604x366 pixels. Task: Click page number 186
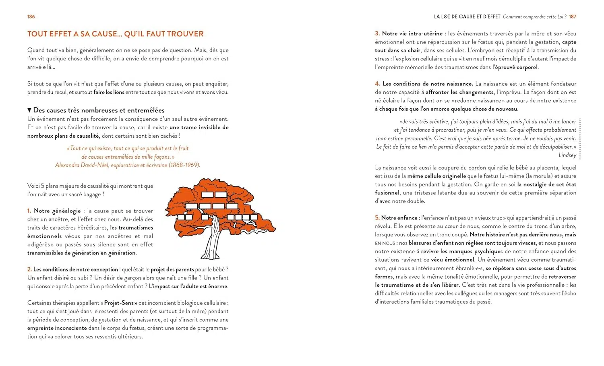pyautogui.click(x=31, y=17)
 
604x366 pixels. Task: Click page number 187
pyautogui.click(x=573, y=17)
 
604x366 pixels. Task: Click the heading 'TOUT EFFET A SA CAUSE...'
pyautogui.click(x=115, y=34)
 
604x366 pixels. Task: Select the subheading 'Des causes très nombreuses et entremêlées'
pyautogui.click(x=99, y=110)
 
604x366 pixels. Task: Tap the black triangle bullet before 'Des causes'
pyautogui.click(x=29, y=110)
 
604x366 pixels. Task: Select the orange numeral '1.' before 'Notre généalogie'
pyautogui.click(x=29, y=211)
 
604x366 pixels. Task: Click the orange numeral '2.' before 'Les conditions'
pyautogui.click(x=29, y=269)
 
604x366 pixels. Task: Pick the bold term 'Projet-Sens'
pyautogui.click(x=121, y=303)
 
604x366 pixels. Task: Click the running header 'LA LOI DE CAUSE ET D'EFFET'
pyautogui.click(x=467, y=17)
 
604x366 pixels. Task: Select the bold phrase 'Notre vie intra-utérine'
pyautogui.click(x=412, y=33)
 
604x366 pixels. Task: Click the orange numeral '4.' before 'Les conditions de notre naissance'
pyautogui.click(x=377, y=84)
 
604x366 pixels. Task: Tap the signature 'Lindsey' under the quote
pyautogui.click(x=567, y=155)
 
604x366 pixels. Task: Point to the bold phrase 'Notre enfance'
pyautogui.click(x=399, y=218)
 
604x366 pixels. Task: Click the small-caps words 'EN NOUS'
pyautogui.click(x=385, y=243)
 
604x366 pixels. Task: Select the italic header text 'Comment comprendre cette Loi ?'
pyautogui.click(x=534, y=17)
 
